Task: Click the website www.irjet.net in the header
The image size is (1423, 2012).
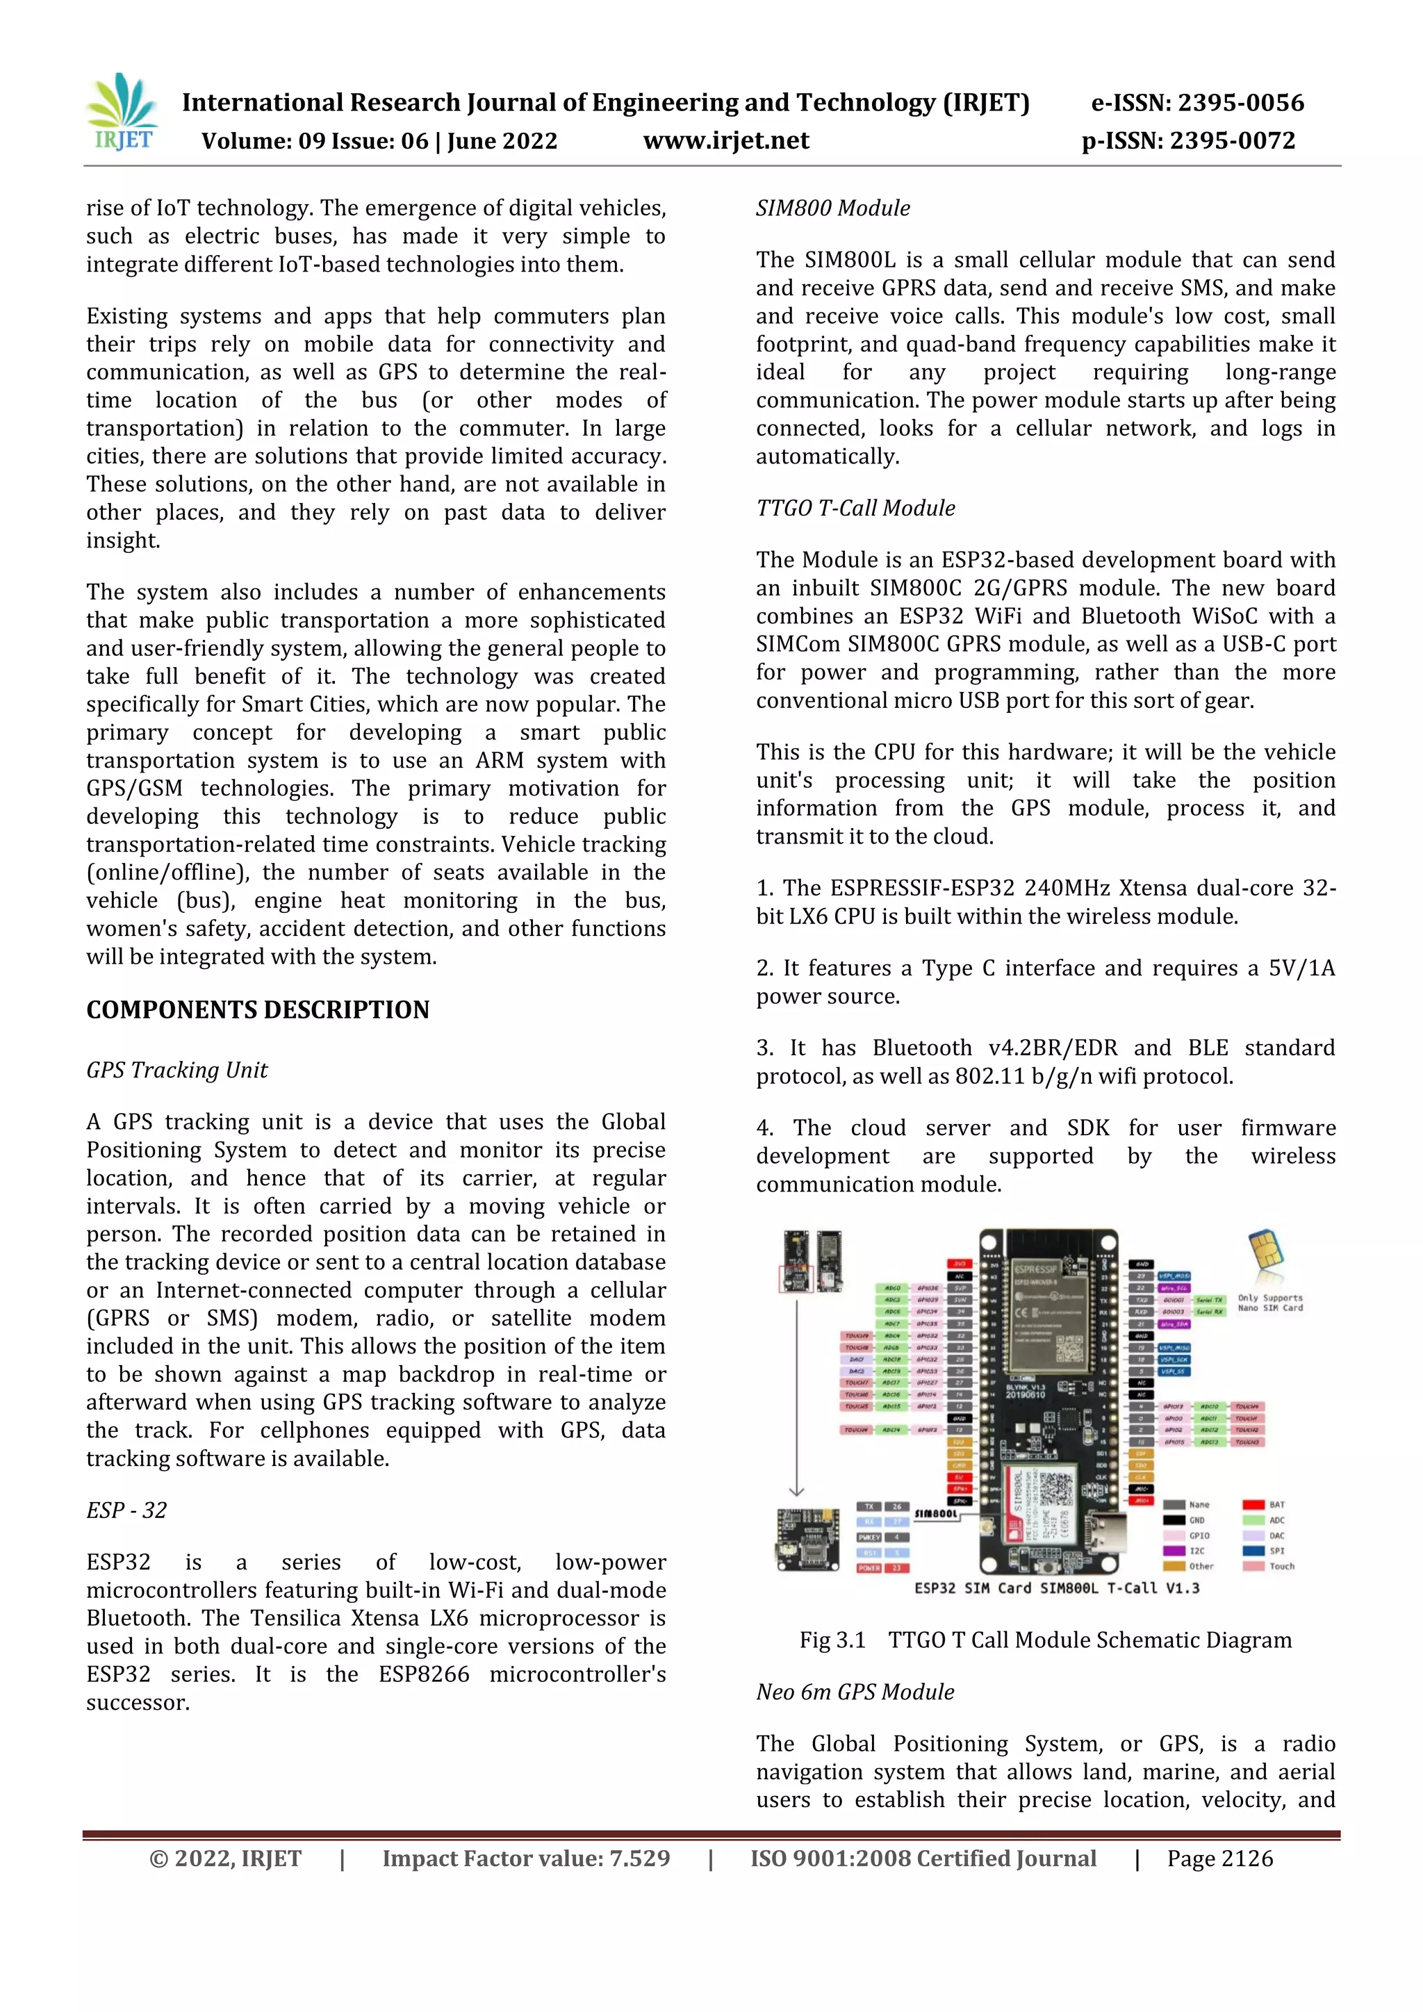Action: [725, 141]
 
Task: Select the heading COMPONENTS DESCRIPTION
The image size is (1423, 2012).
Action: [258, 1009]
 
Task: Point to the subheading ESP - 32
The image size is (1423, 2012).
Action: [126, 1510]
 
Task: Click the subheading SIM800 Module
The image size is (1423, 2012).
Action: [832, 208]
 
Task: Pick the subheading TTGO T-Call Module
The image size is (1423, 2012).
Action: [855, 509]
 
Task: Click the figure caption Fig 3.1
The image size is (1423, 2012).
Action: [832, 1640]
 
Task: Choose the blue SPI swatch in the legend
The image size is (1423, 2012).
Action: [1253, 1550]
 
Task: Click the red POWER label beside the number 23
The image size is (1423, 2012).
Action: [869, 1569]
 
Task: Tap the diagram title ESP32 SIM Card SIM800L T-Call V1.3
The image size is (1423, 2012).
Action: [1057, 1588]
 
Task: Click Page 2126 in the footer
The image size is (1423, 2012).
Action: [1219, 1858]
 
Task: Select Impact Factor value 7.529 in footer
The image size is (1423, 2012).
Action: [526, 1858]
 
